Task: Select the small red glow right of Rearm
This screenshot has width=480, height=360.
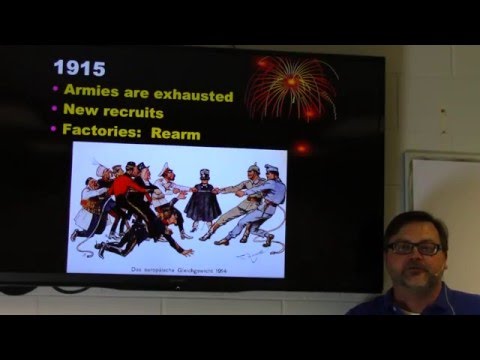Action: (301, 147)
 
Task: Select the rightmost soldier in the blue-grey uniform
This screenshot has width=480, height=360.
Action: (269, 200)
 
